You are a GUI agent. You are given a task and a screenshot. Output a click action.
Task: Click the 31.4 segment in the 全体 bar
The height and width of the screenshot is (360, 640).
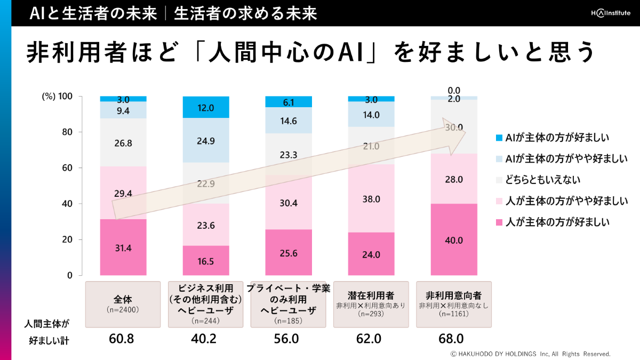[x=123, y=247]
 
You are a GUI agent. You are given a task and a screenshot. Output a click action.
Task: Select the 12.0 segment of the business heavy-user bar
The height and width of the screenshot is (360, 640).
[x=206, y=107]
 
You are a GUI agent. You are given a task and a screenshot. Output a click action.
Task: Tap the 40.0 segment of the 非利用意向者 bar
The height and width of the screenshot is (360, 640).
[x=454, y=239]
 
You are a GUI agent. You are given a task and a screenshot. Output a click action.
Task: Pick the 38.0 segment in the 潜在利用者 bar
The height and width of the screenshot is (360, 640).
[x=371, y=198]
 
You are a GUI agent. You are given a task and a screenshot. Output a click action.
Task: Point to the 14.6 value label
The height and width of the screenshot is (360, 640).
[x=289, y=121]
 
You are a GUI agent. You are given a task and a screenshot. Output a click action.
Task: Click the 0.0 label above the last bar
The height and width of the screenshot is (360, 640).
[x=454, y=90]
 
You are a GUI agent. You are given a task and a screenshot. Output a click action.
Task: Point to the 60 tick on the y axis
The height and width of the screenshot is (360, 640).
[x=66, y=168]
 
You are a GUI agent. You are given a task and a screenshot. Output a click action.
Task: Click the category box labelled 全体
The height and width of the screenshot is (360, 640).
[x=123, y=304]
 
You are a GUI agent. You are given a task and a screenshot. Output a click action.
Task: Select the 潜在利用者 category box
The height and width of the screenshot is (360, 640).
[x=371, y=304]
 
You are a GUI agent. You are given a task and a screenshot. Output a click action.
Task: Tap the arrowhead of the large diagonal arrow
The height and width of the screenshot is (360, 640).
[x=456, y=137]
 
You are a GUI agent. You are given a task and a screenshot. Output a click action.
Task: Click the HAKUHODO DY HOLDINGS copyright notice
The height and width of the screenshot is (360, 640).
[x=530, y=354]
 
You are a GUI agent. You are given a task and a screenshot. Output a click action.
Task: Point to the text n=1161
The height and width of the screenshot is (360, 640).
[x=454, y=314]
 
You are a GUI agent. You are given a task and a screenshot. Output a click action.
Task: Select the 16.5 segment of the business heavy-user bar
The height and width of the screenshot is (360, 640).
[x=206, y=260]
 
